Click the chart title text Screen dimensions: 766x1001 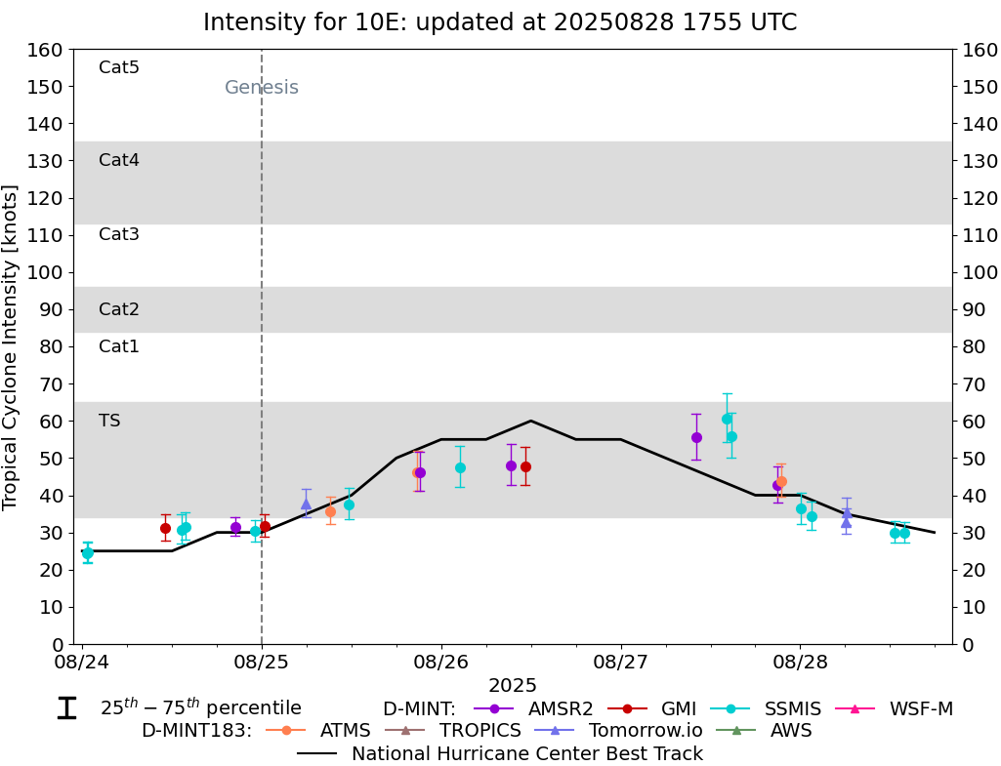[500, 22]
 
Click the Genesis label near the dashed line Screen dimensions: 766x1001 [262, 88]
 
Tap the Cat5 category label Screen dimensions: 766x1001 [119, 67]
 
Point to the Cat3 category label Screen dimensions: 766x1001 [119, 234]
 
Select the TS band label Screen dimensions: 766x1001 [109, 421]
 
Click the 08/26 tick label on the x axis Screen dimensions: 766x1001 [441, 664]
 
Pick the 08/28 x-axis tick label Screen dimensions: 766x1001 [800, 664]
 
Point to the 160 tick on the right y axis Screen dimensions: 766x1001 [978, 50]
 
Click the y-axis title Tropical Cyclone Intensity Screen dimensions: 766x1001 [11, 346]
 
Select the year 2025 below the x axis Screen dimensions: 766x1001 [513, 686]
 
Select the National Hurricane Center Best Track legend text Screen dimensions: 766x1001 [527, 753]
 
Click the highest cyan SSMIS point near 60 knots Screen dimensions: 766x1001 [727, 419]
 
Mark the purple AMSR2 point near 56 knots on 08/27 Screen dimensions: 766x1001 [696, 437]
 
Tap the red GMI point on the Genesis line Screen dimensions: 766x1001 [265, 526]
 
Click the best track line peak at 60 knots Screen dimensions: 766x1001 [530, 421]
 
